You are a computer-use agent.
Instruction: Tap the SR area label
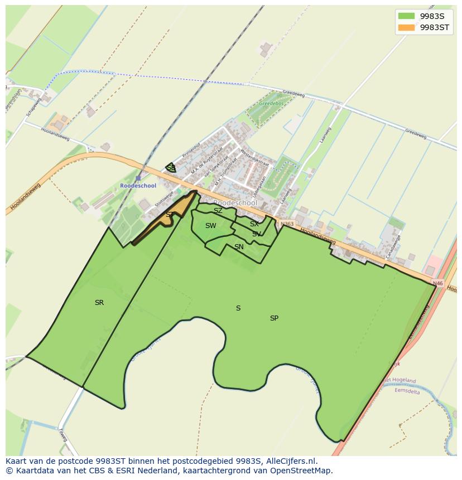coord(99,303)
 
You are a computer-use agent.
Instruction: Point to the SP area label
coord(274,318)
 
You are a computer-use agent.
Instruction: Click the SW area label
coord(210,226)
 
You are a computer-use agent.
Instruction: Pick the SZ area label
coord(218,211)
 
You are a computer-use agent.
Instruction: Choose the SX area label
coord(254,224)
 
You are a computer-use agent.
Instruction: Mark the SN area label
coord(239,247)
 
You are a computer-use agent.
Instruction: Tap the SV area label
coord(256,234)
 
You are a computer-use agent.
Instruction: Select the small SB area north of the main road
coord(171,168)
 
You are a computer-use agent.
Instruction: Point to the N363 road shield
coord(286,224)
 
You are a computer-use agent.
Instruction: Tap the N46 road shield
coord(437,284)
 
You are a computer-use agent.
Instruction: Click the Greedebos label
coord(271,104)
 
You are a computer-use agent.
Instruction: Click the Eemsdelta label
coord(407,391)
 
